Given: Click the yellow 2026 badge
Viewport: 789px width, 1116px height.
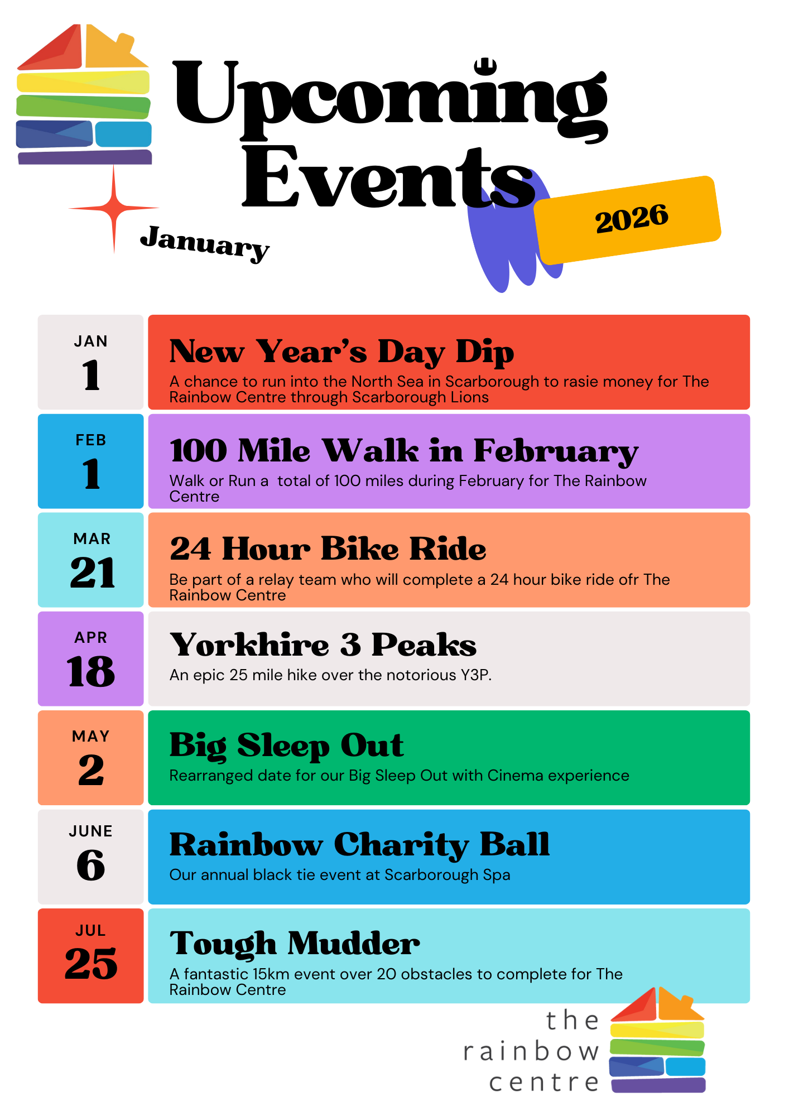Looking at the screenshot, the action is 628,220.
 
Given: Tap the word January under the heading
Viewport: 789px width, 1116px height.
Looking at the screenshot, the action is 205,243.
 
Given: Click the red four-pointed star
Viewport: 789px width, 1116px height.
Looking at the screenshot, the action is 114,209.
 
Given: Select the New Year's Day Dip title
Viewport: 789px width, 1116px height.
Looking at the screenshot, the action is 341,352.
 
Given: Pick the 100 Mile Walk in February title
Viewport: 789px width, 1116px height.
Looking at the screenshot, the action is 404,451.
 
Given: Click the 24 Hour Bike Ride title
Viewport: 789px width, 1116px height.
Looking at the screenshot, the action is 328,549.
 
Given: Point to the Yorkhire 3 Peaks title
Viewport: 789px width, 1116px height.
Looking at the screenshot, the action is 323,644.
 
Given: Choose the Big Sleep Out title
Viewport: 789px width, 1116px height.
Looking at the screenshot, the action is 287,745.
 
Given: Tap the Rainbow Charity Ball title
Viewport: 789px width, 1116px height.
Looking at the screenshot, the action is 360,845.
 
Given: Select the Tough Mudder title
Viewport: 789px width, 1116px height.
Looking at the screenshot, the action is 295,944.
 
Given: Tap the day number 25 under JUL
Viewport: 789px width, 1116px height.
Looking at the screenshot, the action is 91,964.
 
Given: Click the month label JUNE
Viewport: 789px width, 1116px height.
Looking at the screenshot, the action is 91,831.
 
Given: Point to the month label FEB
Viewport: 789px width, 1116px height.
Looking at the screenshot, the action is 91,440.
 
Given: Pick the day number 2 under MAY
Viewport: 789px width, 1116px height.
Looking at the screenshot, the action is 91,770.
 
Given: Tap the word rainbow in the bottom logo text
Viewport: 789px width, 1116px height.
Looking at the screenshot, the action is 531,1052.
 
